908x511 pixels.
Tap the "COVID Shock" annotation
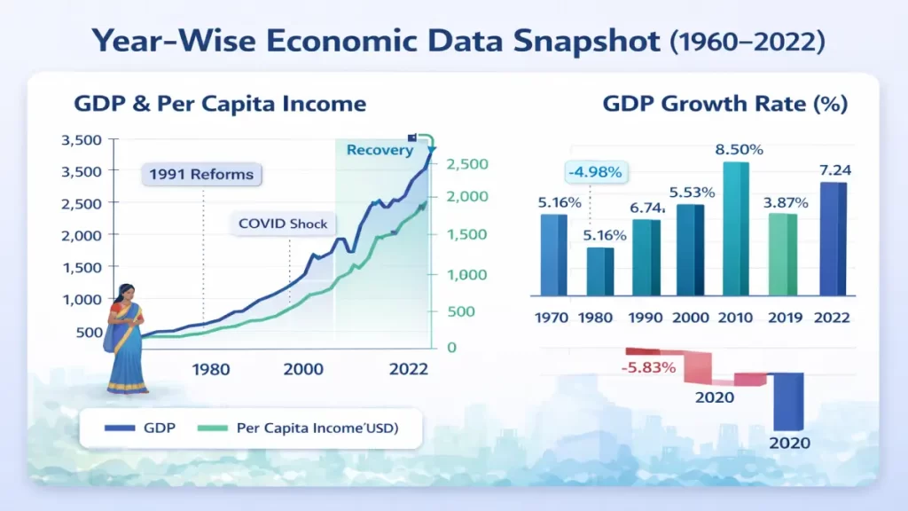tap(283, 224)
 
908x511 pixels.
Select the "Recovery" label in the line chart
tap(380, 150)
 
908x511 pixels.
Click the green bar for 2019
tap(780, 254)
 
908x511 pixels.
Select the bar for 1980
tap(600, 271)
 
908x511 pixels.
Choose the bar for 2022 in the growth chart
tap(833, 239)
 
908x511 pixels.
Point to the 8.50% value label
tap(738, 150)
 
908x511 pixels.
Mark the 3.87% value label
tap(785, 202)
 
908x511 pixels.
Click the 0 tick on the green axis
tap(451, 347)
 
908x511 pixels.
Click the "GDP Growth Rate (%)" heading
tap(724, 104)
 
